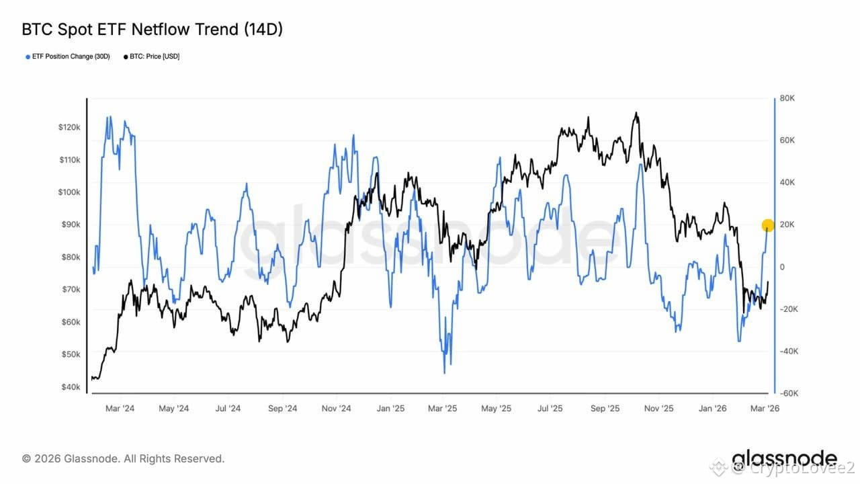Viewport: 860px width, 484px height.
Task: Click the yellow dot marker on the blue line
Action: pos(768,225)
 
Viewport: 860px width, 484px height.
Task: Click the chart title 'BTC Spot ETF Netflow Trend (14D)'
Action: pos(152,30)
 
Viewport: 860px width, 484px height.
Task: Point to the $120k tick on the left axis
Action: pos(69,127)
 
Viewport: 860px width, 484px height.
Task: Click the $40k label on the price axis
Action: pos(71,387)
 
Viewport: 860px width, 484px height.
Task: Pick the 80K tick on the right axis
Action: pos(787,98)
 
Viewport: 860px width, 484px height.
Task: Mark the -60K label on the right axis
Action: pos(789,393)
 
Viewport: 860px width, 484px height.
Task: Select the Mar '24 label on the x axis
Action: pos(120,408)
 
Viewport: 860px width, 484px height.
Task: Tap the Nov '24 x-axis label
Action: pos(337,408)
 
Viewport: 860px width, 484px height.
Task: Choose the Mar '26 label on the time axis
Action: pos(765,408)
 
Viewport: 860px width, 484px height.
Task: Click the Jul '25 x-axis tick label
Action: pos(550,408)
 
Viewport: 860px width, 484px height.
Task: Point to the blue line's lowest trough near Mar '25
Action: pos(445,372)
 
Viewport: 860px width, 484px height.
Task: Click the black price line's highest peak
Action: pos(636,112)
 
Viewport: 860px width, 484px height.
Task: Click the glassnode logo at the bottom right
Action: pos(784,459)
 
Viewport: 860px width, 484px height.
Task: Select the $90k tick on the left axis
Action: pos(71,225)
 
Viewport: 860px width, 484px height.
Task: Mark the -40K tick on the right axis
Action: pos(789,351)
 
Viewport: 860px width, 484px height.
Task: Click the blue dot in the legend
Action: pos(28,57)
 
